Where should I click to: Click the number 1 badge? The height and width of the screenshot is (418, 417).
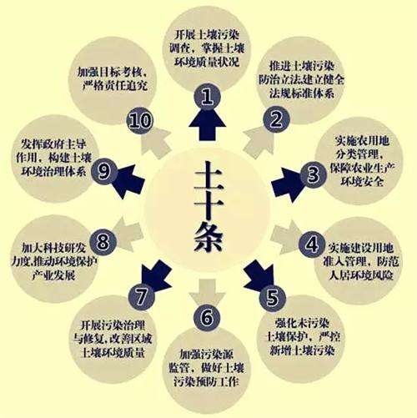click(x=207, y=97)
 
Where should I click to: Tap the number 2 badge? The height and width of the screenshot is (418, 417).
click(x=276, y=119)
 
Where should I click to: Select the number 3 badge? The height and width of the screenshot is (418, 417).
click(x=313, y=174)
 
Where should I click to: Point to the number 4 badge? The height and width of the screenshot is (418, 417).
click(x=312, y=244)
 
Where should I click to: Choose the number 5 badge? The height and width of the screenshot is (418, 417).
click(x=273, y=298)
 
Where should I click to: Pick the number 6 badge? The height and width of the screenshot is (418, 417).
click(x=207, y=317)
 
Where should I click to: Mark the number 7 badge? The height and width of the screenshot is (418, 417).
click(x=141, y=297)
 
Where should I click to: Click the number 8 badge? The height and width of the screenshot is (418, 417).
click(x=103, y=241)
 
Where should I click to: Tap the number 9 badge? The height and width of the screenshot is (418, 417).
click(x=104, y=171)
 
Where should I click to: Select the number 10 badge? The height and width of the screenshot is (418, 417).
click(x=140, y=120)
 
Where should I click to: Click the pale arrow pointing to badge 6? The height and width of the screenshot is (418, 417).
click(x=207, y=292)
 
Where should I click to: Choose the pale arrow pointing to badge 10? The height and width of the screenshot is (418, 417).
click(x=156, y=142)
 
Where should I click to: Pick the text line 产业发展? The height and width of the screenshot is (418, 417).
click(x=53, y=275)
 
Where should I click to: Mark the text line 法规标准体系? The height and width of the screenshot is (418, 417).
click(x=302, y=93)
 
